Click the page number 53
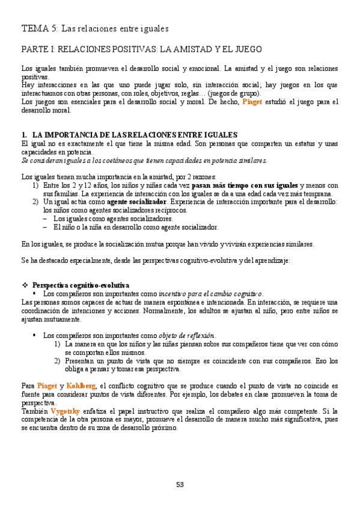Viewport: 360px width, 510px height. tap(180, 485)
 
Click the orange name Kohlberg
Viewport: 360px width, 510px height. tap(81, 386)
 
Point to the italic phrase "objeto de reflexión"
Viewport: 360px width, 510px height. tap(186, 335)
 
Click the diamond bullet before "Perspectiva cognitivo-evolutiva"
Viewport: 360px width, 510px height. tap(25, 284)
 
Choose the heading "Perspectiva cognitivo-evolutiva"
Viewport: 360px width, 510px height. tap(81, 284)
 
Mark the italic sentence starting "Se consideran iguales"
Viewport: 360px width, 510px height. tap(144, 161)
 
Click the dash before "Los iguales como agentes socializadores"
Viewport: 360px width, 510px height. tap(46, 219)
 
